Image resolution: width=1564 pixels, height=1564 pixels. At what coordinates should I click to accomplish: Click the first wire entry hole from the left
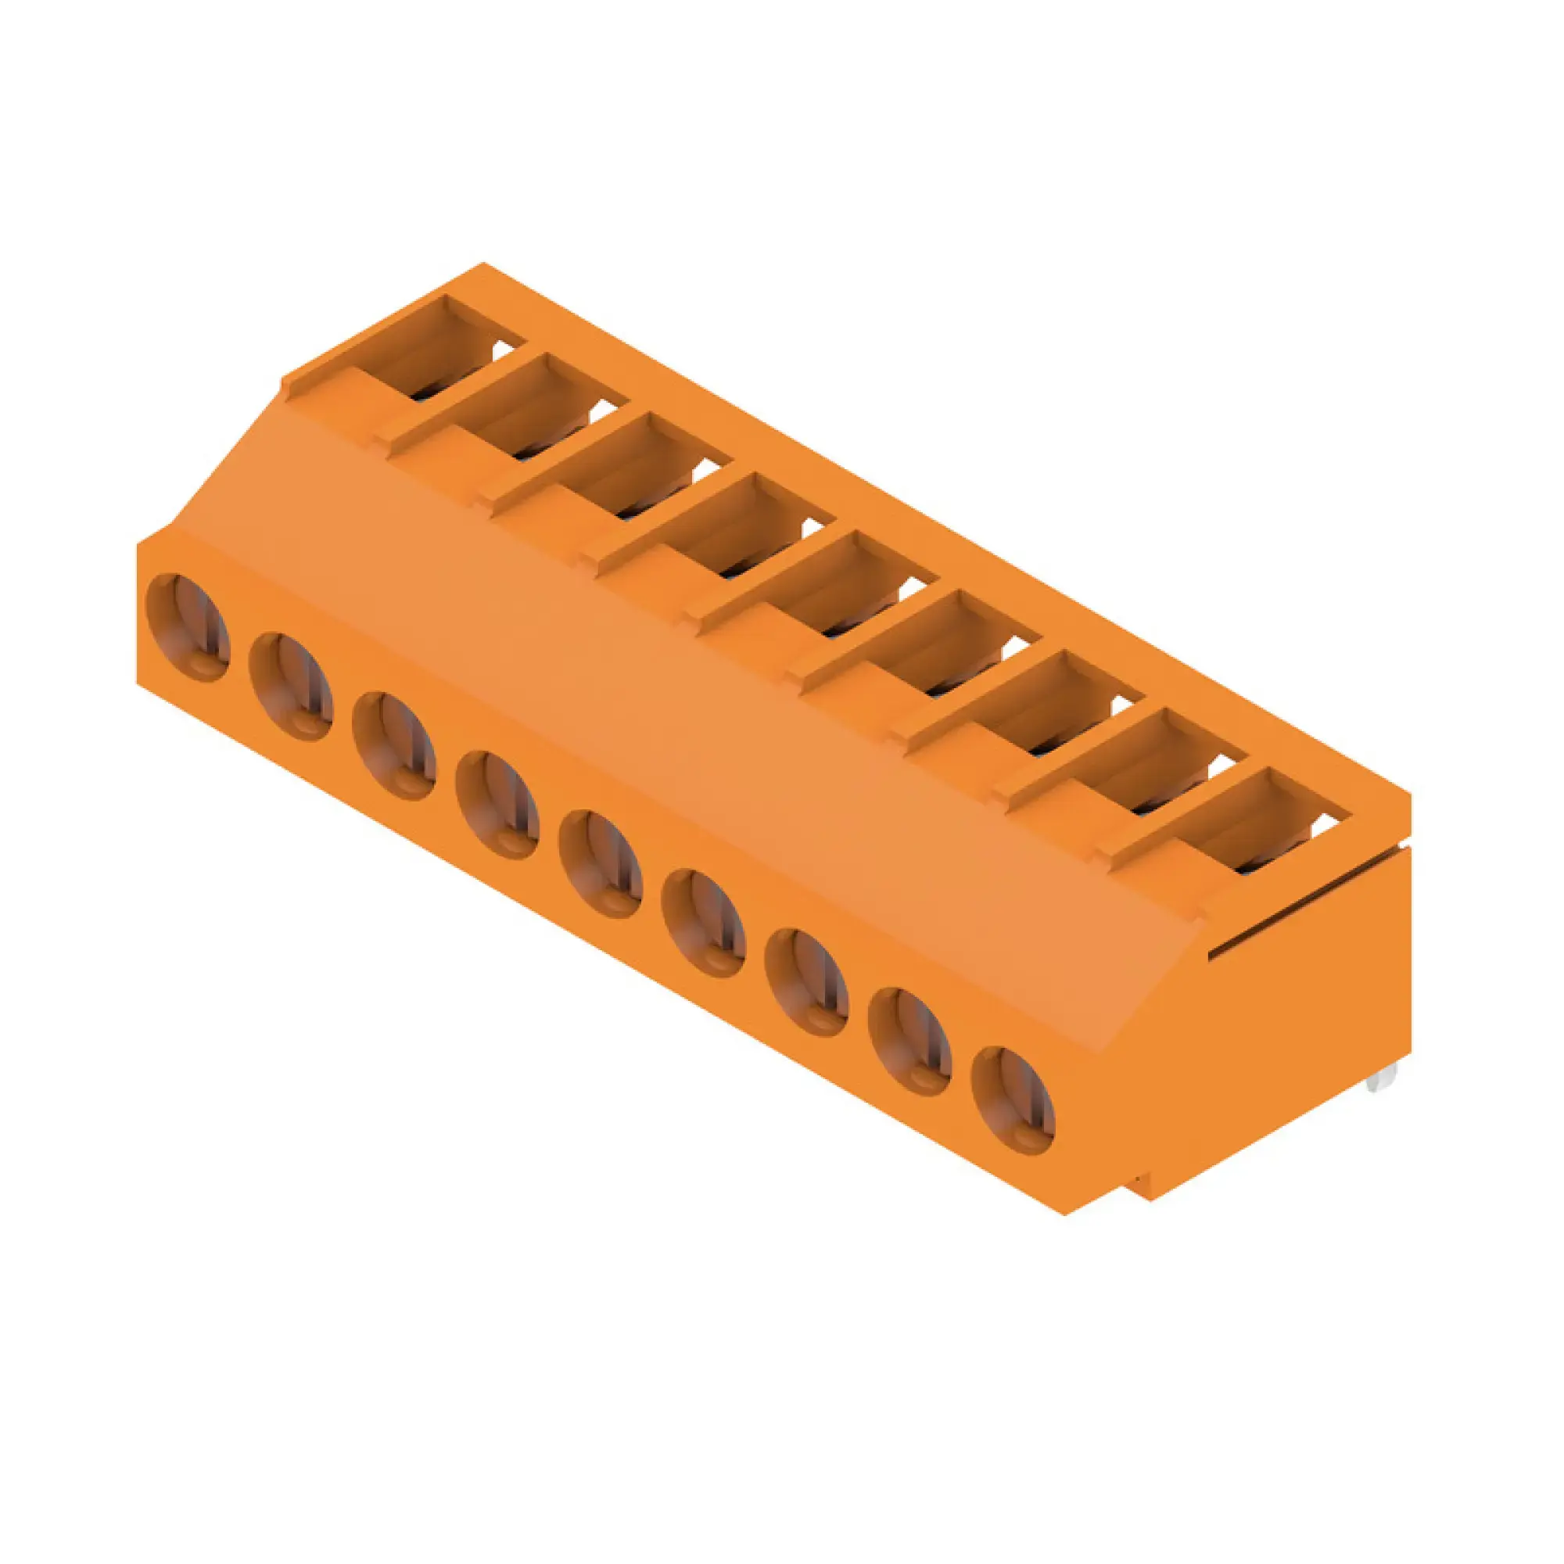click(188, 627)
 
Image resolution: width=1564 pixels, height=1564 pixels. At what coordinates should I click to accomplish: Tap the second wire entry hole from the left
click(292, 687)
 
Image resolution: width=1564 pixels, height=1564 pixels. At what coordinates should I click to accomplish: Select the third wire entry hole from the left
click(394, 745)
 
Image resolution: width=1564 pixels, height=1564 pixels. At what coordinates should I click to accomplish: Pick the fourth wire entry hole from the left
click(497, 805)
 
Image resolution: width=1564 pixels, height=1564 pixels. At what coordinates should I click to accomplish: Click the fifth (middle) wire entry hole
click(601, 864)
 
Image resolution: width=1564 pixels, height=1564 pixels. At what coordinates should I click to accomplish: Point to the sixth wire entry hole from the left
click(704, 923)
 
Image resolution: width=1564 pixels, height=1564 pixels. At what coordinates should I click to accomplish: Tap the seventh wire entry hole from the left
click(807, 982)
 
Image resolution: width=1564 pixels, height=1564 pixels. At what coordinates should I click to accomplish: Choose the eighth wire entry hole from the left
click(910, 1042)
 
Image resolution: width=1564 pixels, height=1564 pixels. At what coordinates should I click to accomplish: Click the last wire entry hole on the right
click(1013, 1101)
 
